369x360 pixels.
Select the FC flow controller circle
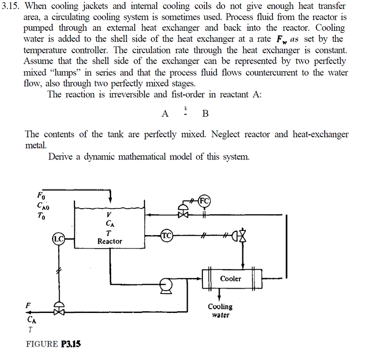(x=204, y=201)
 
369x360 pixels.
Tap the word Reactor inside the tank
(x=110, y=241)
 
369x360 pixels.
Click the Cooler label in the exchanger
(x=231, y=278)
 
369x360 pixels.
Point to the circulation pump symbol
(x=166, y=285)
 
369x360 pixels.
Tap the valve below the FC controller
(x=184, y=214)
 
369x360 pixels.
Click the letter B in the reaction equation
(x=205, y=114)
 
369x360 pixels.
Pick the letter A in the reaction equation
(x=165, y=114)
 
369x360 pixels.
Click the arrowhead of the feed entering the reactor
(x=110, y=198)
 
